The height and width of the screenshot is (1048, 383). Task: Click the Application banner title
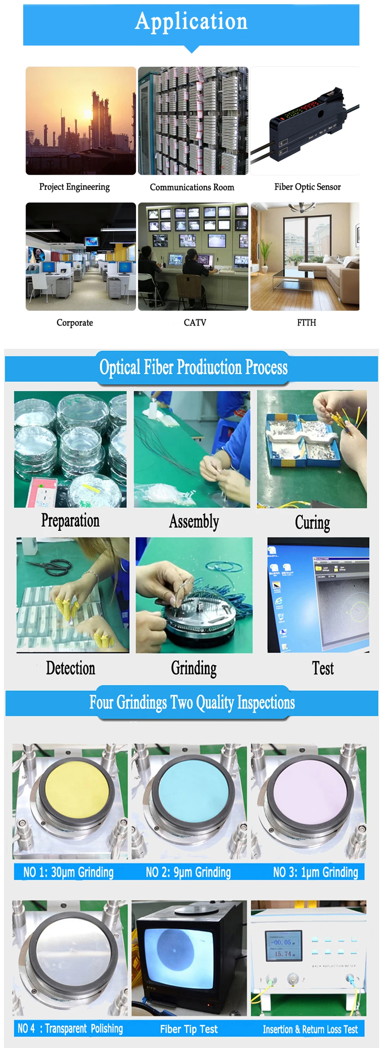(191, 21)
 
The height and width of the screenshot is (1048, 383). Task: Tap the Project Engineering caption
(74, 187)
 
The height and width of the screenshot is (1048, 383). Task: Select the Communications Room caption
(192, 187)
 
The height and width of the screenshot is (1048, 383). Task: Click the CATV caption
(195, 323)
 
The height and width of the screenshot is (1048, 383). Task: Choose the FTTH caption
(306, 323)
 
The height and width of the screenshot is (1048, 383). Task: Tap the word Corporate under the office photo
(75, 323)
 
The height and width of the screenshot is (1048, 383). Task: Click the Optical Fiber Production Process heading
(193, 367)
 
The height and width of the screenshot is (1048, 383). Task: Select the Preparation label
(70, 521)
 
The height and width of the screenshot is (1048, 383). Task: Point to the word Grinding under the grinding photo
(193, 668)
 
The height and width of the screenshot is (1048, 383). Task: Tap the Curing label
(312, 522)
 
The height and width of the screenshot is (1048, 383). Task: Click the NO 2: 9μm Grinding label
(188, 872)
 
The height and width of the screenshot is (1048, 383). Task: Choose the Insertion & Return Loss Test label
(310, 1029)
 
